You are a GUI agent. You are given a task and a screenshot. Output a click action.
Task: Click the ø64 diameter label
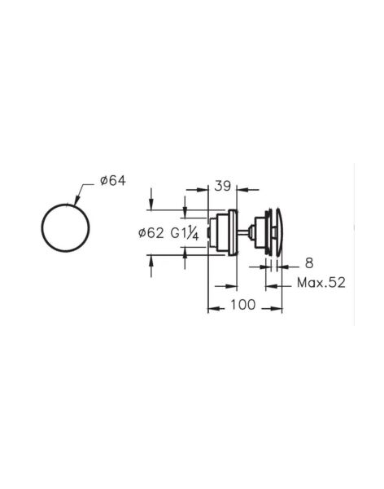109,180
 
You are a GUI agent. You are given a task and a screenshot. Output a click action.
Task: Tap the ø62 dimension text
153,233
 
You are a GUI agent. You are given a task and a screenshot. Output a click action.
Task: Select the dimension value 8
310,262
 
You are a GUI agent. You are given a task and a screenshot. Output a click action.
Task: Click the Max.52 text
321,283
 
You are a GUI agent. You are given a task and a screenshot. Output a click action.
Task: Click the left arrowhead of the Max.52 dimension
268,284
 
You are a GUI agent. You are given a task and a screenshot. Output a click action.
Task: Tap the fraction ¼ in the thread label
196,234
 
